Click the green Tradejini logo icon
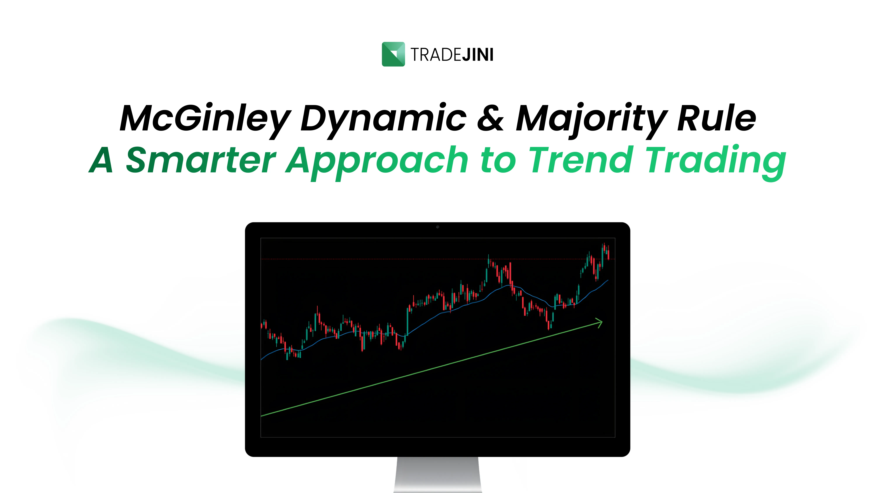click(393, 54)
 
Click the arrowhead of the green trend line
click(599, 322)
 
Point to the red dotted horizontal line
click(374, 259)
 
